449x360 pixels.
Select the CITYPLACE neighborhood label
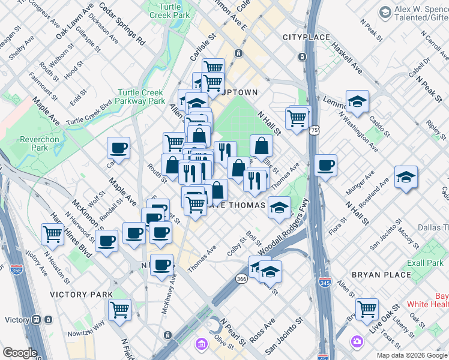point(306,37)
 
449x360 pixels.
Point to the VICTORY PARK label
point(81,295)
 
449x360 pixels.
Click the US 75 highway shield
point(315,130)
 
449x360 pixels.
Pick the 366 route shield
point(241,279)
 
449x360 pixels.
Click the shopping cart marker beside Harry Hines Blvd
point(53,233)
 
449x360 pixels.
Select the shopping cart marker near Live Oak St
point(366,308)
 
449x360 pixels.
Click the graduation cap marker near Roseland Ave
point(406,177)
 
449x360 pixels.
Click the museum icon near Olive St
point(200,344)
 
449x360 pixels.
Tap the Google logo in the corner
point(20,353)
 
